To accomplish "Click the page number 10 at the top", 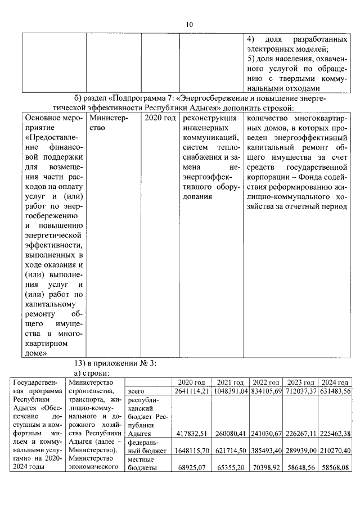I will click(x=189, y=24).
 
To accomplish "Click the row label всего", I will click(x=137, y=391).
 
